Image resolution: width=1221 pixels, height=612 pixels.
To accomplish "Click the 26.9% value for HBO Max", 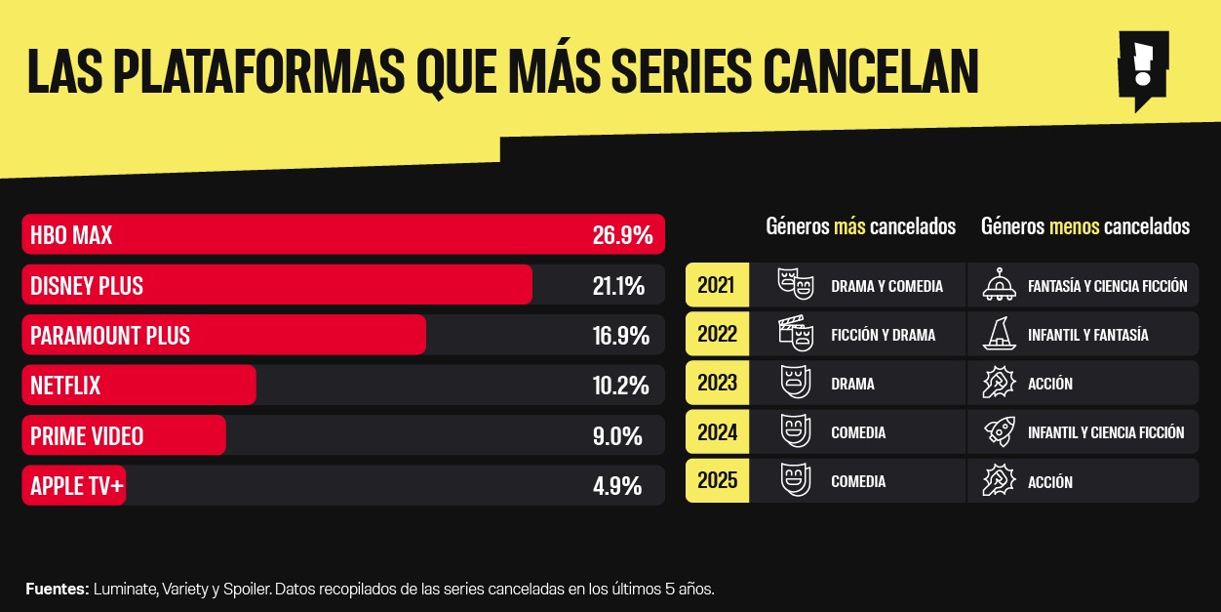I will tap(621, 235).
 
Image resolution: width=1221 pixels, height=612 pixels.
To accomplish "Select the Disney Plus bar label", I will tap(87, 286).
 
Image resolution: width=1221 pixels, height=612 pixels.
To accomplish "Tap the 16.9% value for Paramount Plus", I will tap(620, 336).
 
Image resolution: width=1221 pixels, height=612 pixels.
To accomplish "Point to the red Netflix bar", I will tap(138, 386).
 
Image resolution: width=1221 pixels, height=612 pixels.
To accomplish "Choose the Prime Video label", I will tap(87, 435).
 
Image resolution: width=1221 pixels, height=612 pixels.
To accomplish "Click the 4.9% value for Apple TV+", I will tap(617, 485).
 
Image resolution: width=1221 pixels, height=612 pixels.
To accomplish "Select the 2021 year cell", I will tap(717, 286).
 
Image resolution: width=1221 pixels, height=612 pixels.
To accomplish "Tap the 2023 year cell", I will tap(717, 384).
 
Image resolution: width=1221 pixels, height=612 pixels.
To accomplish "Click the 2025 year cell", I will tap(717, 481).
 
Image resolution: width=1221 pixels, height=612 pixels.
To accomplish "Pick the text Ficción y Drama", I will tap(883, 335).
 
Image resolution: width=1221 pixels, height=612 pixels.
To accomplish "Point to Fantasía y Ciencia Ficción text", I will tap(1107, 286).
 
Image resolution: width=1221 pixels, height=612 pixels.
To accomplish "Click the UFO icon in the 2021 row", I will tap(999, 285).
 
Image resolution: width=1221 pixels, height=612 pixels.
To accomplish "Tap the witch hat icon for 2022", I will tap(999, 334).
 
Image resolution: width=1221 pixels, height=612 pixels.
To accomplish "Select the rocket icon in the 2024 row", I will tap(999, 431).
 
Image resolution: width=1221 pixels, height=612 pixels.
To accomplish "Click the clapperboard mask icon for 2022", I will tap(795, 334).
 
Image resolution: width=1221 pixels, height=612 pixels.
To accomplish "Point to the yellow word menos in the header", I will tap(1074, 226).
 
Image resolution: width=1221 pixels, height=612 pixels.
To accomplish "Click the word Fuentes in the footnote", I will tap(57, 590).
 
